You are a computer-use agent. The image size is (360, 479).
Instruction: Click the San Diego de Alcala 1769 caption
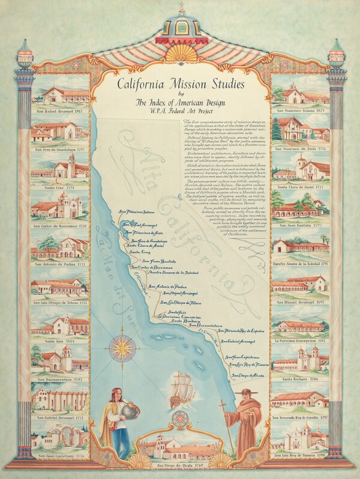(180, 465)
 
